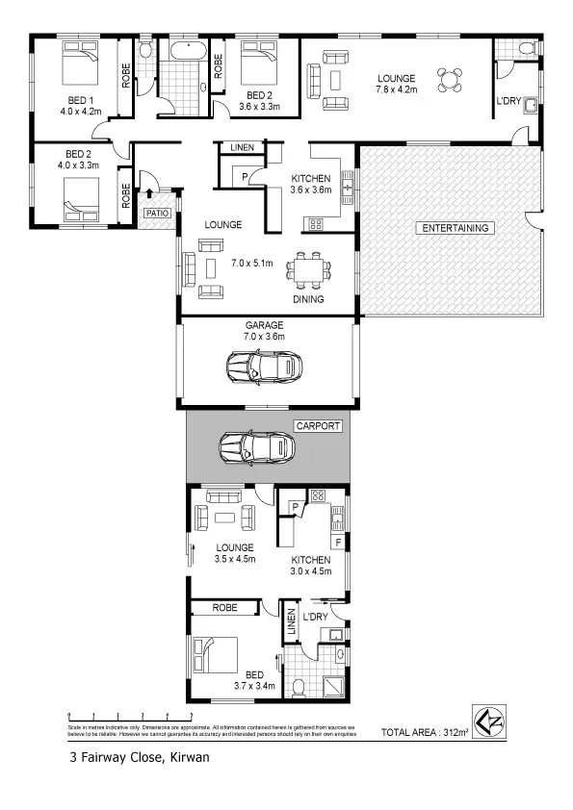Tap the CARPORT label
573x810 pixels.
pyautogui.click(x=318, y=424)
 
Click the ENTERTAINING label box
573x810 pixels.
pyautogui.click(x=456, y=228)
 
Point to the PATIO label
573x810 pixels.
pyautogui.click(x=156, y=214)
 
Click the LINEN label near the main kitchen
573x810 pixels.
pyautogui.click(x=241, y=147)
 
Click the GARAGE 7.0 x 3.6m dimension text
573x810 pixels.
pyautogui.click(x=263, y=338)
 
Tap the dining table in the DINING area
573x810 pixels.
pyautogui.click(x=309, y=270)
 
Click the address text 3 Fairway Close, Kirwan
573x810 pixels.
pyautogui.click(x=139, y=757)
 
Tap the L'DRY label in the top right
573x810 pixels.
pyautogui.click(x=508, y=102)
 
